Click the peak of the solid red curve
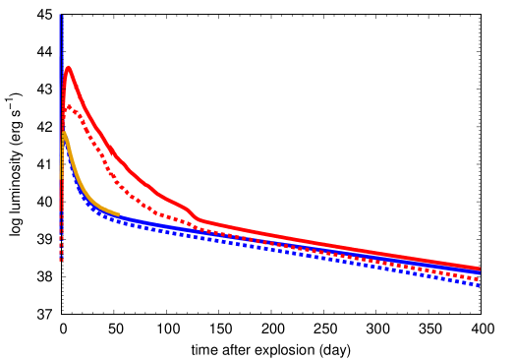[x=68, y=67]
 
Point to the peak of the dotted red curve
[x=69, y=106]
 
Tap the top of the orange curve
[x=64, y=133]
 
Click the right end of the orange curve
[x=119, y=213]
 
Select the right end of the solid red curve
[x=480, y=269]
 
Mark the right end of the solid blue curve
[x=480, y=272]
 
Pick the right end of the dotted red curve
[x=479, y=279]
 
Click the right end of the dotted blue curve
[x=479, y=285]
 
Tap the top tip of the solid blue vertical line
[x=60, y=15]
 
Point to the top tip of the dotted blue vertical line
[x=62, y=15]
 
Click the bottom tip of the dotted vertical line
[x=61, y=260]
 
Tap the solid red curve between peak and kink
[x=128, y=167]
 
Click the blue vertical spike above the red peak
[x=61, y=39]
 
